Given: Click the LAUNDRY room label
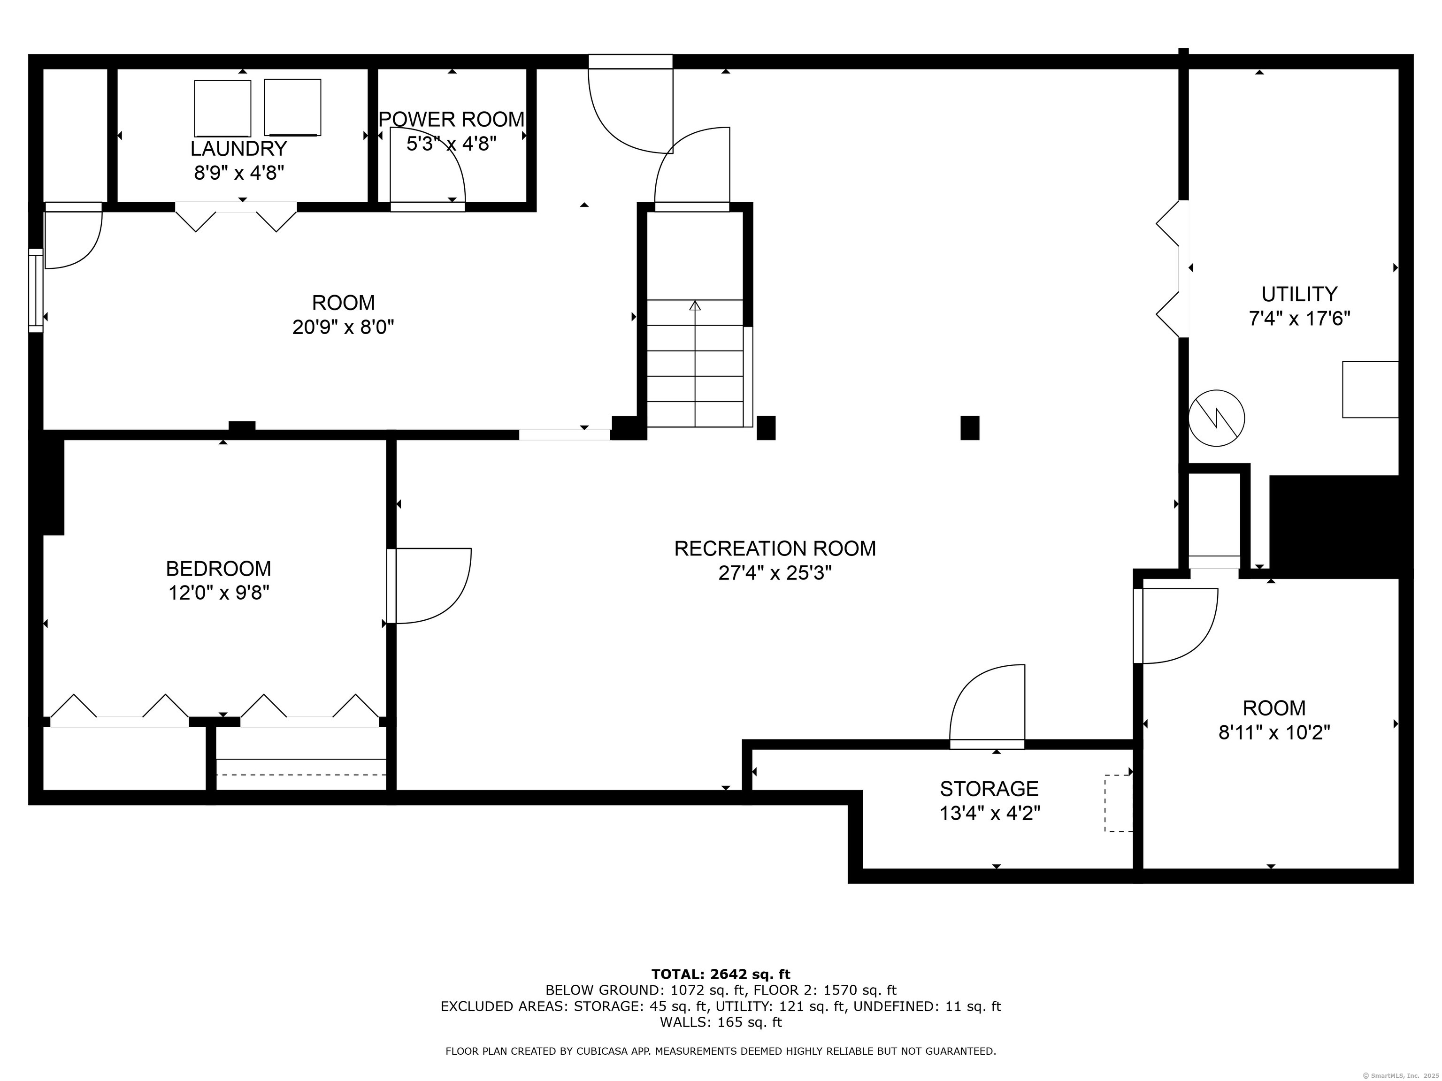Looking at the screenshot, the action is [238, 149].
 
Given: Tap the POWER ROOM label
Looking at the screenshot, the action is [452, 119].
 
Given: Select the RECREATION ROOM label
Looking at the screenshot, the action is [775, 548].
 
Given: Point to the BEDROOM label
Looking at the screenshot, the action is [218, 568].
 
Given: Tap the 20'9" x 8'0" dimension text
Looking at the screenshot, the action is [344, 327].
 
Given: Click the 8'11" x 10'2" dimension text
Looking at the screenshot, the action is [1274, 732].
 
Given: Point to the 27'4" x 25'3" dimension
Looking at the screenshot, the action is [775, 573].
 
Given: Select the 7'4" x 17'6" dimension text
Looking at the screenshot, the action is [1299, 319].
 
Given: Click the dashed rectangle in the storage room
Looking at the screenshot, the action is [1118, 803].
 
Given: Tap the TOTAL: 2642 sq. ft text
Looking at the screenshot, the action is [721, 974].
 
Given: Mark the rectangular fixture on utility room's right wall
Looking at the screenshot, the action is [1370, 389].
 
